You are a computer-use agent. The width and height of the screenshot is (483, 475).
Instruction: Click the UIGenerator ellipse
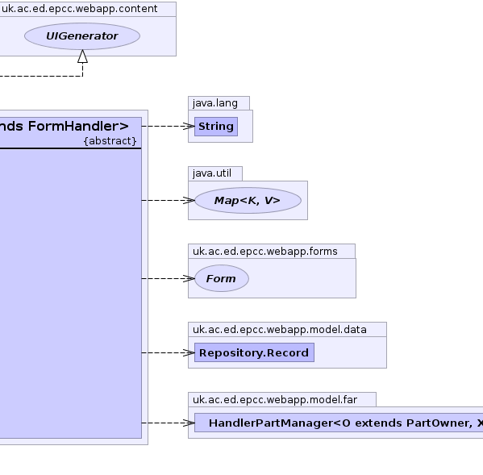(x=82, y=36)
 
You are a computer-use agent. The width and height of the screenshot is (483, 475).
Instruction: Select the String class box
(x=216, y=127)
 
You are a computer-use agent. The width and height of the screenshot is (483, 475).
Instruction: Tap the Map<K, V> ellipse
(x=248, y=201)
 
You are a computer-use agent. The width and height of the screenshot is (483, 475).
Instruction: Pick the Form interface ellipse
(x=222, y=278)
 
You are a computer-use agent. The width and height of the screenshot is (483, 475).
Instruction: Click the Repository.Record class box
(x=254, y=352)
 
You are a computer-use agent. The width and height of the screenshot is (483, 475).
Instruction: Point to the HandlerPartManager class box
(x=339, y=423)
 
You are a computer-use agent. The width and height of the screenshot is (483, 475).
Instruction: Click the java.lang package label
(x=215, y=103)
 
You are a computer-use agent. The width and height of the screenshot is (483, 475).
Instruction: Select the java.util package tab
(x=215, y=173)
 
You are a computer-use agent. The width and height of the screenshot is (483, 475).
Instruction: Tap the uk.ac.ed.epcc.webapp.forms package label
(x=265, y=252)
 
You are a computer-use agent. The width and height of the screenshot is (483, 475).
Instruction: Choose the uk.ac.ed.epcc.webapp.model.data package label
(x=280, y=330)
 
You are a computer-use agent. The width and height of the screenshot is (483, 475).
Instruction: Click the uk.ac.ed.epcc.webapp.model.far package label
(x=275, y=400)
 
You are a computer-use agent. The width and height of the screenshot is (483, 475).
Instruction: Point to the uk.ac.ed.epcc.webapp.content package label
(x=80, y=9)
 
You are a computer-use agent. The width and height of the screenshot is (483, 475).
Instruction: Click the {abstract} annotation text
(x=110, y=141)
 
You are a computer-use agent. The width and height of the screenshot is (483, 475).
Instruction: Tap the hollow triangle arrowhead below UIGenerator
(x=82, y=56)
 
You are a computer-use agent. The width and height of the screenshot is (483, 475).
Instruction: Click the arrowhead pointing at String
(x=189, y=126)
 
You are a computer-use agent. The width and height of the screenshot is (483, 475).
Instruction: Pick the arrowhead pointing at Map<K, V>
(x=189, y=201)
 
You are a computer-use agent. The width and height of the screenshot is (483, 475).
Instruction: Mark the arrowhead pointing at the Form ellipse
(x=189, y=278)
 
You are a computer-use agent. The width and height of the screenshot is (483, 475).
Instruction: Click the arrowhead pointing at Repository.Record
(x=189, y=352)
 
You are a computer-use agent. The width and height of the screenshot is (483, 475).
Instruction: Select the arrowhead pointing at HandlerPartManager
(x=189, y=423)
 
